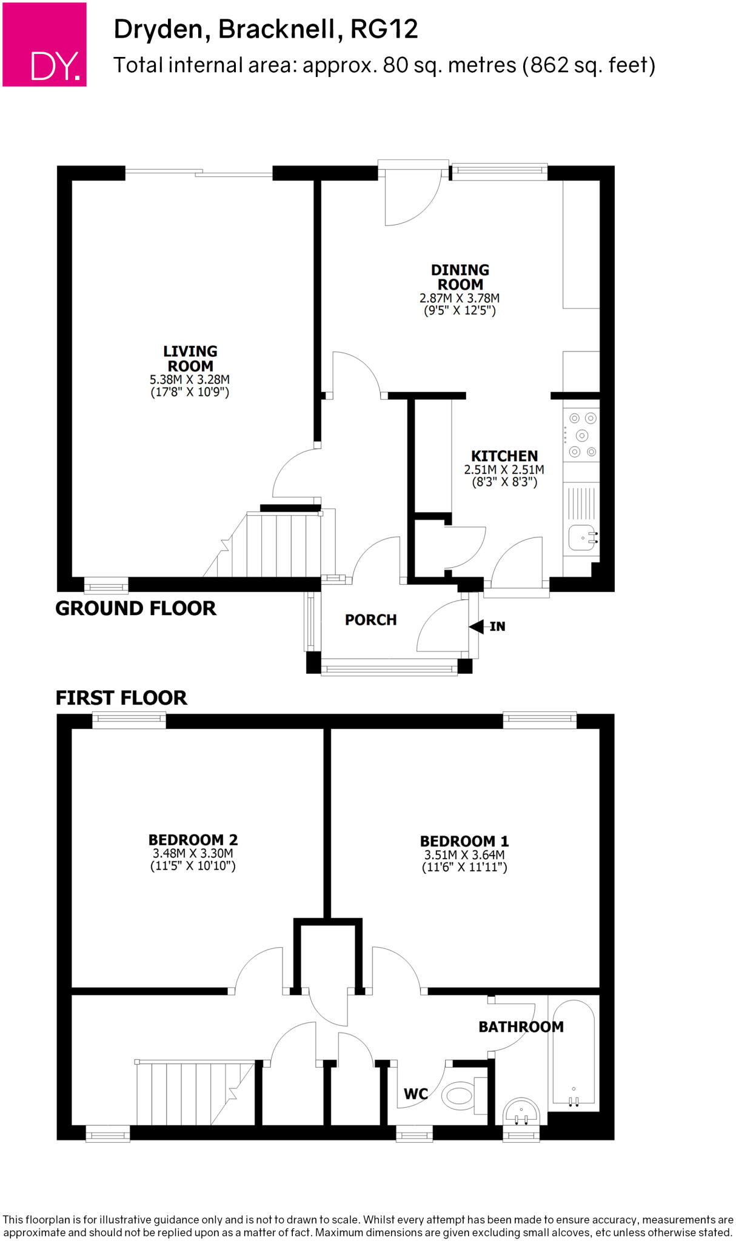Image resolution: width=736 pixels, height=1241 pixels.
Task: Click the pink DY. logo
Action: pos(44,44)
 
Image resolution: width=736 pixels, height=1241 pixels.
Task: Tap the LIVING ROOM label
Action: pos(190,359)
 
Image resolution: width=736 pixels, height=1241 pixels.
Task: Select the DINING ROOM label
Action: pos(460,277)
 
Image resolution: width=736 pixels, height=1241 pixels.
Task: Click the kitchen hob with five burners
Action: pos(581,435)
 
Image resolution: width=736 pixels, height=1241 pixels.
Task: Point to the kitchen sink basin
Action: pos(581,537)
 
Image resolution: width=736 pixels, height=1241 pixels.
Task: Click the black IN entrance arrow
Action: pos(476,626)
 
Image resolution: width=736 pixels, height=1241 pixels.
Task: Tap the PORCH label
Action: pos(370,620)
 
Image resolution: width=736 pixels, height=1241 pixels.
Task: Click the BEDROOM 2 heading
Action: pos(193,840)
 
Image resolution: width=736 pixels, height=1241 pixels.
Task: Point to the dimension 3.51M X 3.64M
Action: pos(464,855)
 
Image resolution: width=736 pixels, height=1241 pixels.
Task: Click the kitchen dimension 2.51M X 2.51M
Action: pos(504,470)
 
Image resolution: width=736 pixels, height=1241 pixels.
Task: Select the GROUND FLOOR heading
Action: pos(136,608)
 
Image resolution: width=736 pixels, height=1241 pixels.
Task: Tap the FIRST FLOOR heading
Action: pos(121,697)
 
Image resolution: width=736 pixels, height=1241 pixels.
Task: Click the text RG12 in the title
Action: pos(384,29)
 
